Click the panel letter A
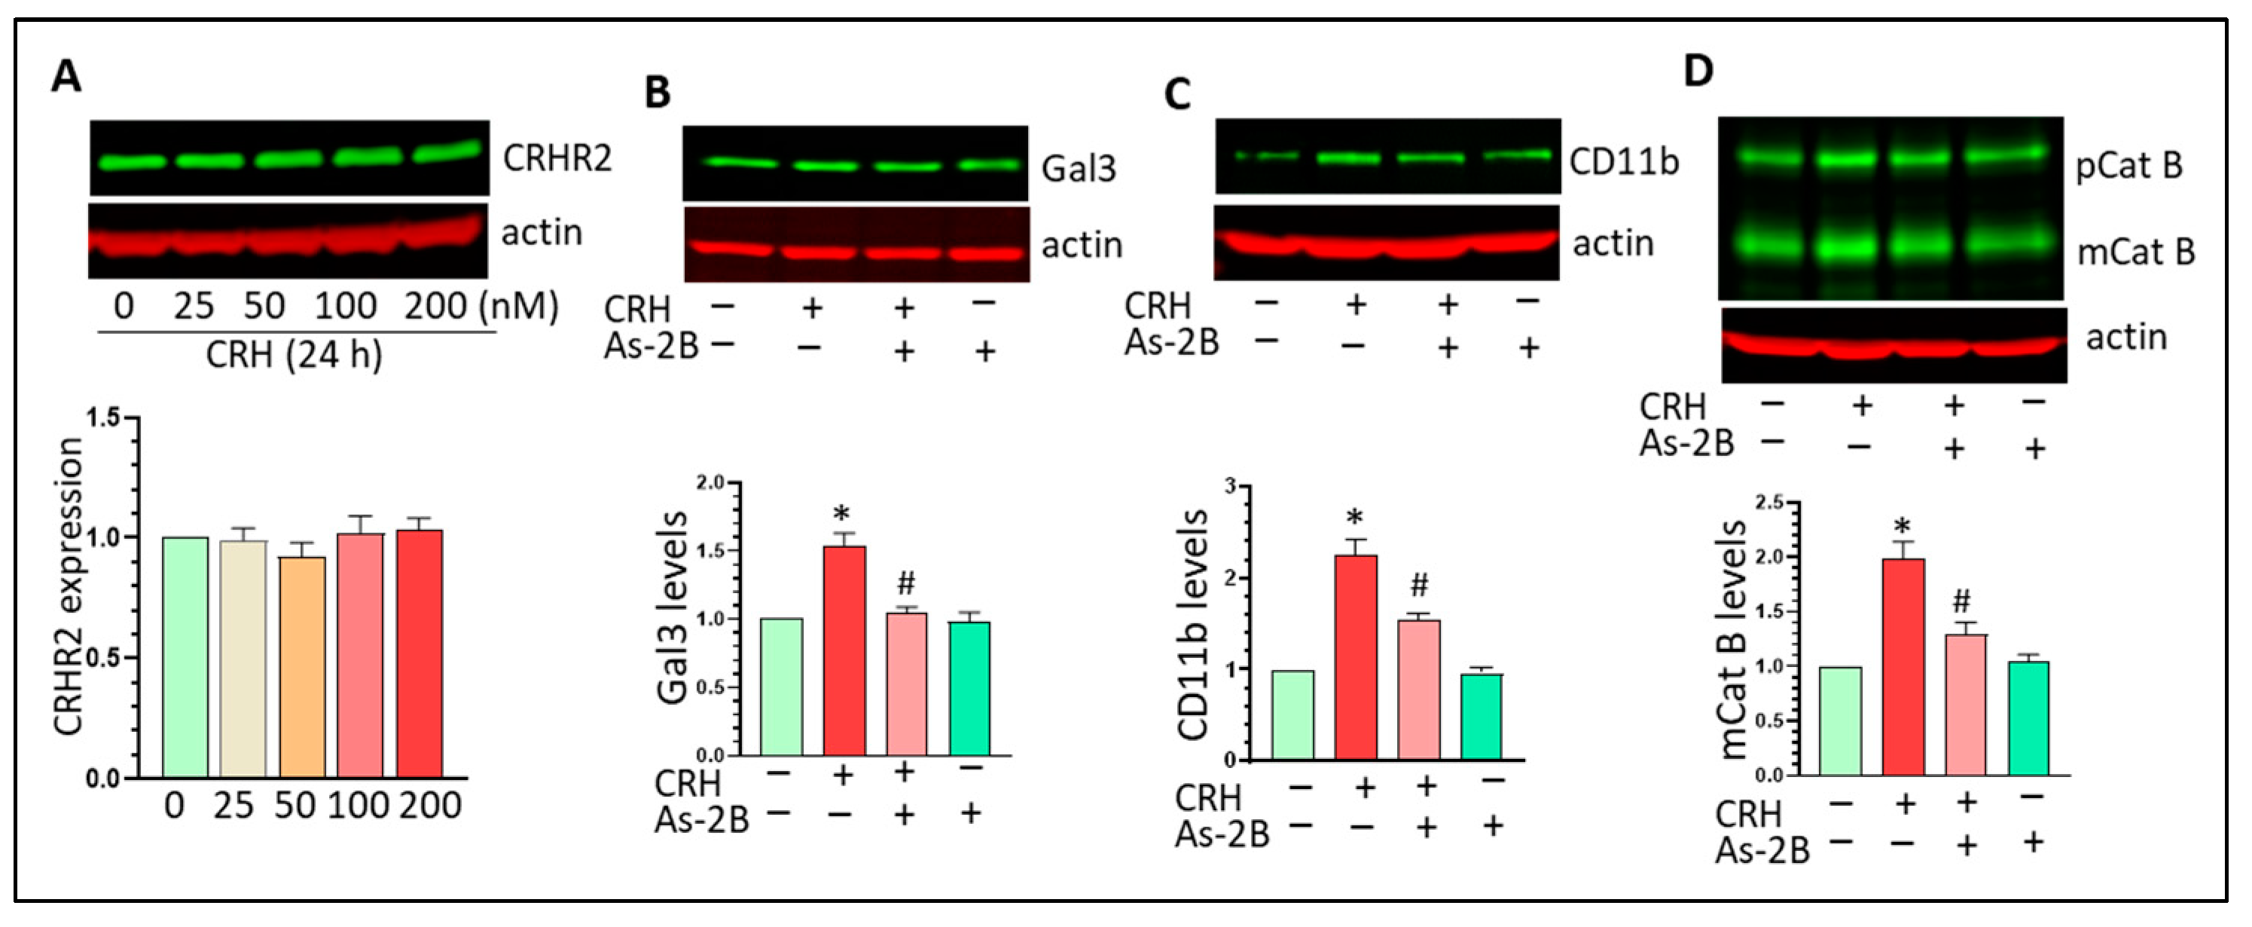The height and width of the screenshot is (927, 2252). point(66,77)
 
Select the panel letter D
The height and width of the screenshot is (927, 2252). point(1698,71)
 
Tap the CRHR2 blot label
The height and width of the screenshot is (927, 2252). point(557,159)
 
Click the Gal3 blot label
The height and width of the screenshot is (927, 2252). point(1078,168)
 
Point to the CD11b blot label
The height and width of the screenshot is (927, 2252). point(1623,163)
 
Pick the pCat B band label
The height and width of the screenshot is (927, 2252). point(2128,166)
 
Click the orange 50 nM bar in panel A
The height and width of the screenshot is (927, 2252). point(303,667)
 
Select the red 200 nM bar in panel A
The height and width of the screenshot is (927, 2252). point(420,654)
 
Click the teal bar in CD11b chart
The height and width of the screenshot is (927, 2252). point(1481,715)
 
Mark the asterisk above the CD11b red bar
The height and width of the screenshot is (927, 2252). point(1355,519)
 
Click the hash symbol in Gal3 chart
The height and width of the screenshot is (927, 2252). point(905,583)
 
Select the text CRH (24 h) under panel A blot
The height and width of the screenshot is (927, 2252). point(294,355)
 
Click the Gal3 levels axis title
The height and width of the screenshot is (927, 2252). point(671,607)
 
